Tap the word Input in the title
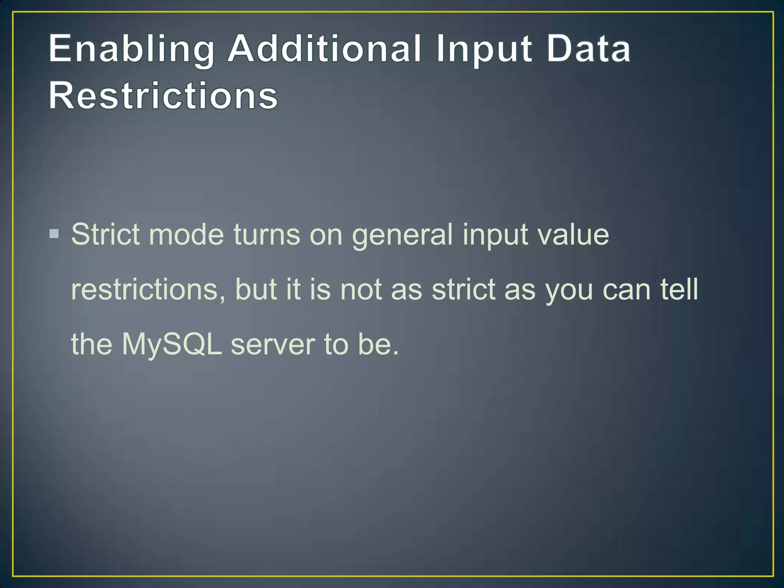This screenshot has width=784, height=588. [484, 50]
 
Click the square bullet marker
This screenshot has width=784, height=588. [54, 234]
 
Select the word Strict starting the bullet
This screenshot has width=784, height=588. [105, 234]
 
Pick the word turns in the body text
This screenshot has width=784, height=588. [267, 234]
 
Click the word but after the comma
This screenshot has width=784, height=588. [256, 289]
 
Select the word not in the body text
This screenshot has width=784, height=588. [361, 289]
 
